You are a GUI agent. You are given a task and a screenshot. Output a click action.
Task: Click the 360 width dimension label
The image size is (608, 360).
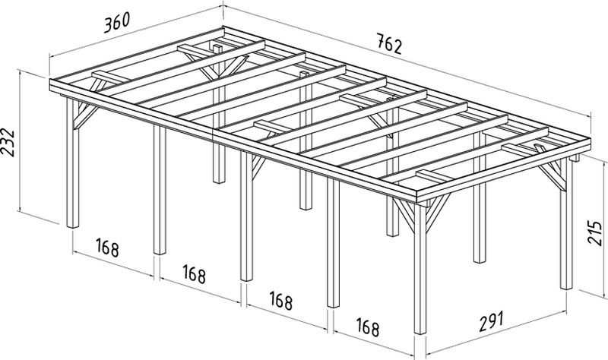click(x=117, y=23)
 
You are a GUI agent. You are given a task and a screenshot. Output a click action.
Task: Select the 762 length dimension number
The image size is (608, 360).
click(x=389, y=44)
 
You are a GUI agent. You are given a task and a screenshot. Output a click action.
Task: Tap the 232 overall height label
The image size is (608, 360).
click(x=8, y=142)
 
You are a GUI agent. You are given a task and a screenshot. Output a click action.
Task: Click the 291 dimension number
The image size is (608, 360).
click(x=491, y=321)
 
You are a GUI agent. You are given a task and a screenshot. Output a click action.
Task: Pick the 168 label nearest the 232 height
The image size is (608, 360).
click(x=107, y=248)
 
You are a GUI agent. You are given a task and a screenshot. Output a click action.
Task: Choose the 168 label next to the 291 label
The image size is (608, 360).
click(x=368, y=327)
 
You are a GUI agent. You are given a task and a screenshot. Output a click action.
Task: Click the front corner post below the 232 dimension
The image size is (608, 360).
click(x=72, y=163)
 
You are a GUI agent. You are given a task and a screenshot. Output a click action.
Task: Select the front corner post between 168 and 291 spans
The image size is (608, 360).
click(x=420, y=267)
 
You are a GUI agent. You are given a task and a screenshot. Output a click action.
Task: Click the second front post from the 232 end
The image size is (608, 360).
click(x=160, y=190)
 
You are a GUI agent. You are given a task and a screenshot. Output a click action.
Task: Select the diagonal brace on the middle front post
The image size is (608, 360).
click(x=258, y=166)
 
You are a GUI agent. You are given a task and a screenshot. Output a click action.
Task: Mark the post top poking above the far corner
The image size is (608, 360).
click(x=218, y=49)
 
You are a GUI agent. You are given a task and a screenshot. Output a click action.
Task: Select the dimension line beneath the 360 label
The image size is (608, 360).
click(x=137, y=30)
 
